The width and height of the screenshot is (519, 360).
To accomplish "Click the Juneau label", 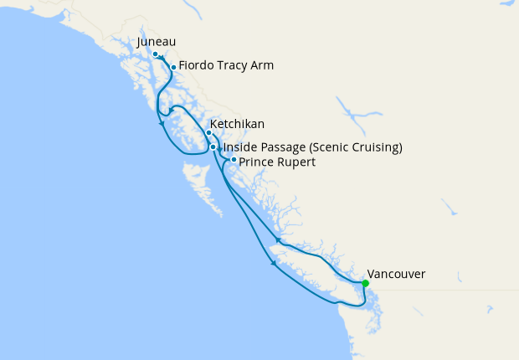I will tap(159, 42).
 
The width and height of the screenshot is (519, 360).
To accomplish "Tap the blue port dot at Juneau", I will tap(155, 54).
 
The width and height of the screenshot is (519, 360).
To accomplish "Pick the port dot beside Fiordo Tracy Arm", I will tap(173, 67).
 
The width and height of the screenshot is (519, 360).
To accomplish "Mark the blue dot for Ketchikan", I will tap(208, 132).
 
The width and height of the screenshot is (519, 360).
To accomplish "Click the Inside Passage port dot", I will tap(213, 147).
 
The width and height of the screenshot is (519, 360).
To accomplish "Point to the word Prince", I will tap(256, 162).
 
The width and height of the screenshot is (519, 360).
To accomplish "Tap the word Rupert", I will tap(296, 162).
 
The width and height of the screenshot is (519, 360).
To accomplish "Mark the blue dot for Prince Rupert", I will tap(233, 159).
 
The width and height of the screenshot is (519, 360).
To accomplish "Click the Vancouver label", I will tap(397, 274).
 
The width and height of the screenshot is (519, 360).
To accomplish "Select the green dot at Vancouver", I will tap(365, 283).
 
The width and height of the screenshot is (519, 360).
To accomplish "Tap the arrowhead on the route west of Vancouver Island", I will tap(275, 266).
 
